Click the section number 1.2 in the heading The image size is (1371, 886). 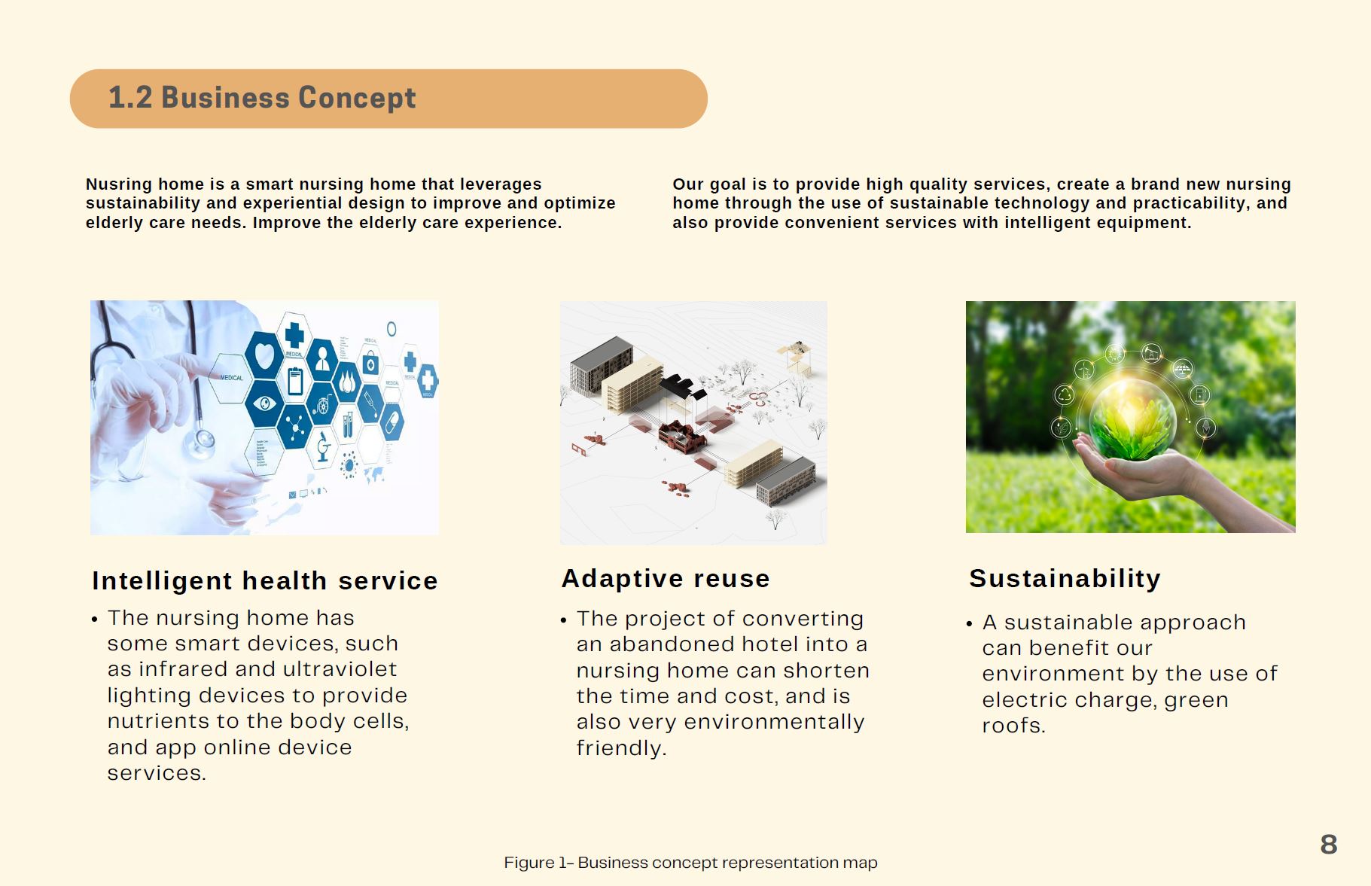(x=130, y=98)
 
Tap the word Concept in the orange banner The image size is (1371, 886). (x=357, y=99)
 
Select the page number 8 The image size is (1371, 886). (x=1329, y=845)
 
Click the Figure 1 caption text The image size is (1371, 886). (x=690, y=863)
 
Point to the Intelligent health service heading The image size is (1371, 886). (x=265, y=581)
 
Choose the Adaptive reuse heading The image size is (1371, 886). (x=666, y=578)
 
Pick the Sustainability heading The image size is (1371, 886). (x=1065, y=578)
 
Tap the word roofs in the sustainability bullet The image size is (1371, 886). (x=1013, y=726)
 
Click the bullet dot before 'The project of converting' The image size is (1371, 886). (x=564, y=621)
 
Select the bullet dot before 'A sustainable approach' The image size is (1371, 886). (x=969, y=624)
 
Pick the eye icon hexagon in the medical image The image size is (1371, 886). (x=264, y=403)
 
